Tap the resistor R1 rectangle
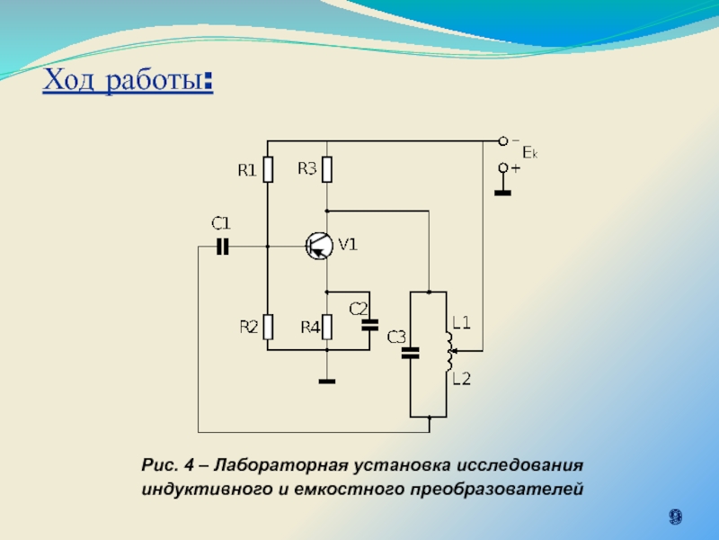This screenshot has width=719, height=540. pos(268,170)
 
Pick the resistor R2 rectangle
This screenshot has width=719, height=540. pos(268,328)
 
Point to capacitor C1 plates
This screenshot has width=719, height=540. pos(222,245)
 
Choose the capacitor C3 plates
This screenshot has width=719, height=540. pos(411,354)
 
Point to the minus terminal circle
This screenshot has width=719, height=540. pos(504,140)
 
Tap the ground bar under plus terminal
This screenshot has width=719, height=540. pos(504,192)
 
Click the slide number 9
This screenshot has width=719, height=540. pos(674,517)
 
